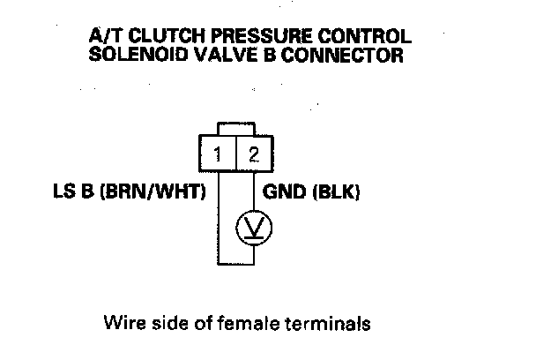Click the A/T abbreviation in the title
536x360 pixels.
(104, 38)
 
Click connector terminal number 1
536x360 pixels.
(217, 156)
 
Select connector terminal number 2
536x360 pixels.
(253, 156)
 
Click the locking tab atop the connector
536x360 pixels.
(235, 131)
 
